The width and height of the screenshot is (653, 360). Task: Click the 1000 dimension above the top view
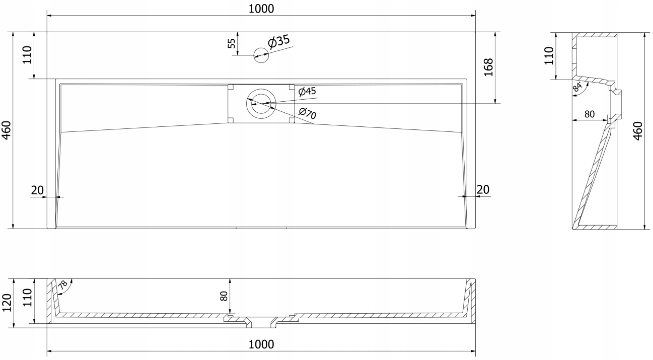click(261, 8)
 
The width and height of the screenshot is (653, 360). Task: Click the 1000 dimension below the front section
click(261, 344)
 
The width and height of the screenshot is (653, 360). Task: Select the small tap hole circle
click(261, 55)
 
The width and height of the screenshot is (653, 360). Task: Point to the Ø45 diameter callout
click(307, 91)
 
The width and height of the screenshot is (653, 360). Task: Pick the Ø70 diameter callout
click(307, 114)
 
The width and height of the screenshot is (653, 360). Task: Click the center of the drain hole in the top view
click(261, 104)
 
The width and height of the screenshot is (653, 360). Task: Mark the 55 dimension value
click(232, 43)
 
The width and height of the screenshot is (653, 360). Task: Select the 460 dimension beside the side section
click(637, 131)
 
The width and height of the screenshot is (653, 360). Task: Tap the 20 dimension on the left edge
click(37, 190)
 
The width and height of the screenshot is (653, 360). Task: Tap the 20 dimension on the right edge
click(483, 190)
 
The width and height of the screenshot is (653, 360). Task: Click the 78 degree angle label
click(63, 285)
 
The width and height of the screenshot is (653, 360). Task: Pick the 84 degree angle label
click(578, 87)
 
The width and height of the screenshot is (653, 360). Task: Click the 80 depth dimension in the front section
click(224, 296)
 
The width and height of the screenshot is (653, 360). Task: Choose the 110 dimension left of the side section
click(549, 55)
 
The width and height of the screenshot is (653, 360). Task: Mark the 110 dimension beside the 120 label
click(27, 298)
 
